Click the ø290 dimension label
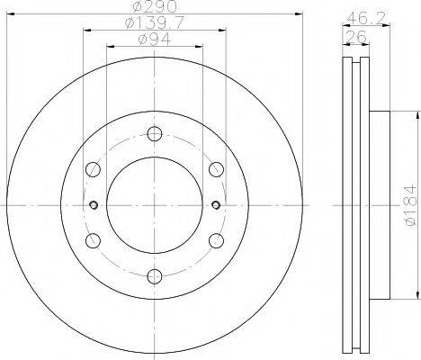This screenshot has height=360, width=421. (x=155, y=7)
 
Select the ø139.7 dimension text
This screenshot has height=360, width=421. (x=154, y=23)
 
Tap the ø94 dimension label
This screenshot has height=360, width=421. (x=155, y=39)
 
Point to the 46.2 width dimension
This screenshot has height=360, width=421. (x=365, y=19)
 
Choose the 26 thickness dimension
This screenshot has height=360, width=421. (x=356, y=37)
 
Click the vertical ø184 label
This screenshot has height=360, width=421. (x=410, y=205)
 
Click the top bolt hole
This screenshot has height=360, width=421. (x=155, y=134)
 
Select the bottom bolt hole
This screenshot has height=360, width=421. (x=155, y=276)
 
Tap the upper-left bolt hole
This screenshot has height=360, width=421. (x=93, y=169)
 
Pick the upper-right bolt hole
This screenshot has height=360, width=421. (x=216, y=169)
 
